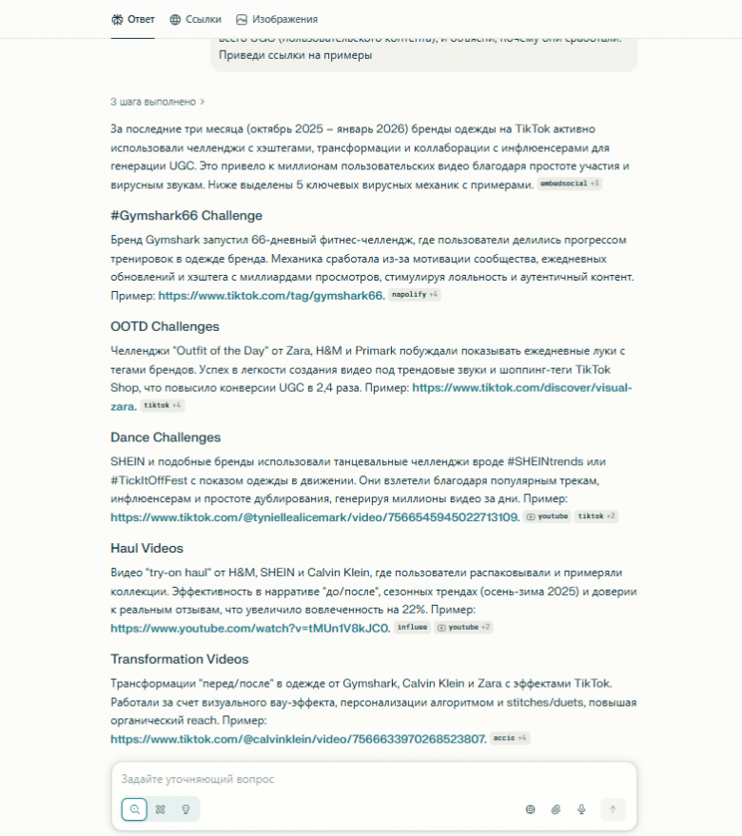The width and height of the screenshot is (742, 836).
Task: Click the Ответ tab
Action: tap(132, 19)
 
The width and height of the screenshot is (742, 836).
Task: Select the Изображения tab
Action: tap(277, 19)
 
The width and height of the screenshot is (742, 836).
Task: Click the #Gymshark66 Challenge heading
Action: tap(186, 215)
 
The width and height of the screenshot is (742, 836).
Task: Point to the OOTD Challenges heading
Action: tap(165, 326)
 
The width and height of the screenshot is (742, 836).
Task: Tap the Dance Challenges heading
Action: tap(166, 437)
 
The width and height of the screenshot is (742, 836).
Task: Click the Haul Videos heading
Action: tap(146, 549)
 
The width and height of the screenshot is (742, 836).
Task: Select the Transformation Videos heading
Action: tap(179, 659)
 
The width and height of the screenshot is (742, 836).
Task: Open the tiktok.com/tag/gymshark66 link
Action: tap(271, 296)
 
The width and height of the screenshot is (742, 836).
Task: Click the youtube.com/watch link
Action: tap(249, 628)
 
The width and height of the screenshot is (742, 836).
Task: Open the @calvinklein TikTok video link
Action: tap(299, 739)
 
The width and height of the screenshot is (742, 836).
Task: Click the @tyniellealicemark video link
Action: tap(315, 517)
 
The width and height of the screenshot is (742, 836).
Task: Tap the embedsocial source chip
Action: tap(564, 184)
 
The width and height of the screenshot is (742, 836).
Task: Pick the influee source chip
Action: tap(412, 628)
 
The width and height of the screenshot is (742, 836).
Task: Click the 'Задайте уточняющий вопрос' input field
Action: tap(371, 779)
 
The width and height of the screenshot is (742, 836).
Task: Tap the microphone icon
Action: tap(582, 809)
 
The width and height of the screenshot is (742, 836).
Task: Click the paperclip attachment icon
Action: tap(556, 809)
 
